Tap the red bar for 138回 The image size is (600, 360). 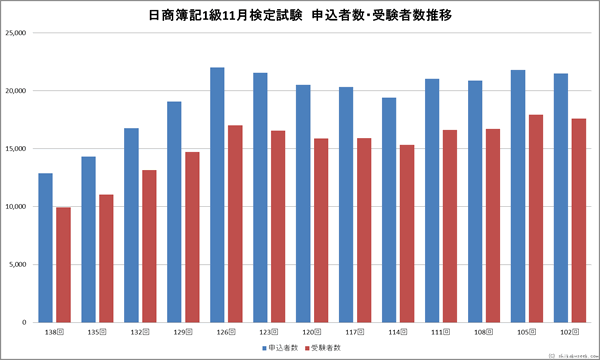pyautogui.click(x=63, y=265)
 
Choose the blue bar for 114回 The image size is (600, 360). pyautogui.click(x=389, y=210)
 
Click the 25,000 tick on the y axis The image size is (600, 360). pyautogui.click(x=15, y=33)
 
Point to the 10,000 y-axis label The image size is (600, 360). pyautogui.click(x=15, y=207)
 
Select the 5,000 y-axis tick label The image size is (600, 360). pyautogui.click(x=17, y=265)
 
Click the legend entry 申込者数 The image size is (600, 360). pyautogui.click(x=283, y=347)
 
